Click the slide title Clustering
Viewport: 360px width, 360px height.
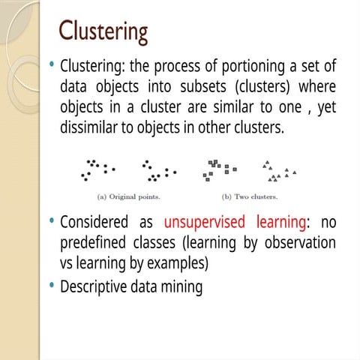(103, 32)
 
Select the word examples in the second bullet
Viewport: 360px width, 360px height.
(174, 265)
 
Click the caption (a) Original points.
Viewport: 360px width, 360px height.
(128, 197)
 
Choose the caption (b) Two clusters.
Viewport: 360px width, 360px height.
(250, 197)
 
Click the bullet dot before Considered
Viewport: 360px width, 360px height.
(52, 222)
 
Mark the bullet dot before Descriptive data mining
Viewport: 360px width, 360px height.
(52, 286)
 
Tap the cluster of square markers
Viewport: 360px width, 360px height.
(219, 170)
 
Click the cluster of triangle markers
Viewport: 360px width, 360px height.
(277, 172)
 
